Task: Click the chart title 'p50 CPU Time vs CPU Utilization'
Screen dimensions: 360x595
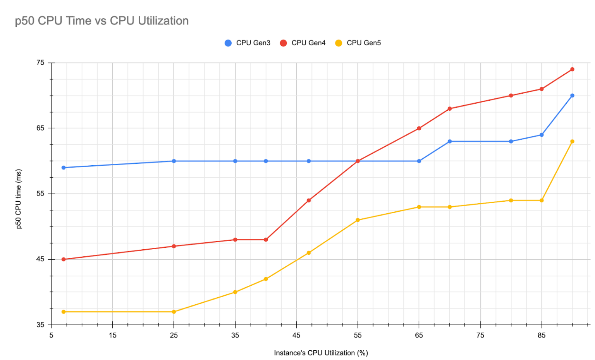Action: (101, 21)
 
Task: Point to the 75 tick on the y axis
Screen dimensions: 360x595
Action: (41, 63)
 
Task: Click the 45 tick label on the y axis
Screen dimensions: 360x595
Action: (41, 259)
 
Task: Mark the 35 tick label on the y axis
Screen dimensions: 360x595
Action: (41, 325)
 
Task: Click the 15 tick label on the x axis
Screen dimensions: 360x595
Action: (112, 335)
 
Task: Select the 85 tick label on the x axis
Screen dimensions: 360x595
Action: (542, 335)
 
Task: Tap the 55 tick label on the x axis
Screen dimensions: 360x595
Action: (358, 335)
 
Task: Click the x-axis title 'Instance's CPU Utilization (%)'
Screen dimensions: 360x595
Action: (321, 353)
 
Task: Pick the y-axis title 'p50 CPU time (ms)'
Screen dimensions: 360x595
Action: (19, 199)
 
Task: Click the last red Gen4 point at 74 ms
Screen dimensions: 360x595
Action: (572, 69)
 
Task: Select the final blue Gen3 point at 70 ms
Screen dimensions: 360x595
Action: (572, 96)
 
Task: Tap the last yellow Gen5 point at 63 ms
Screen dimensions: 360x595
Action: (572, 142)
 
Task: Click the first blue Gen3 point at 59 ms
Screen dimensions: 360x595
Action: (64, 168)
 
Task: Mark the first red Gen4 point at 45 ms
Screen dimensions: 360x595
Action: (64, 259)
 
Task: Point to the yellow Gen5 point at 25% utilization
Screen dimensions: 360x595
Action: (174, 312)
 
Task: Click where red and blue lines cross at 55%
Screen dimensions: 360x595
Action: (358, 161)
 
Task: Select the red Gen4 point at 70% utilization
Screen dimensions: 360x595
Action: (450, 109)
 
